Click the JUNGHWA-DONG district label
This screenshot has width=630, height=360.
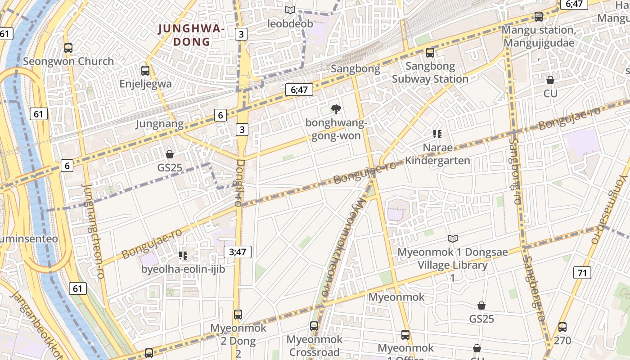(191, 35)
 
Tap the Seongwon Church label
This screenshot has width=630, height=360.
(68, 61)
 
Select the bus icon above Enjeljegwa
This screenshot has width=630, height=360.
(145, 71)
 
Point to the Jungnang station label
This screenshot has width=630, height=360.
(159, 124)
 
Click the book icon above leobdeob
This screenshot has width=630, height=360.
(290, 10)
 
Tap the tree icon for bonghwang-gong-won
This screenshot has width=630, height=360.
(335, 109)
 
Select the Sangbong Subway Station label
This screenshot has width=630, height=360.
(430, 72)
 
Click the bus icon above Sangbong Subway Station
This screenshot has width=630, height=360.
(430, 53)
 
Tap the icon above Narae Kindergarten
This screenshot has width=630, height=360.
(437, 134)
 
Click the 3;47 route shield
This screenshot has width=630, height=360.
(237, 252)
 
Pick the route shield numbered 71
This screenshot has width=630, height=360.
(582, 272)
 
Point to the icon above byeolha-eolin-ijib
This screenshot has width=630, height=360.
(183, 256)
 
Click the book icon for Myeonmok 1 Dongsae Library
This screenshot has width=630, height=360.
(452, 238)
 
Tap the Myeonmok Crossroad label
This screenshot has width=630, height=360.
(314, 346)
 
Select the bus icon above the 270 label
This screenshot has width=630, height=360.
(562, 327)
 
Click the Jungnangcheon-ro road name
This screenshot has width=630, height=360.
(94, 231)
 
